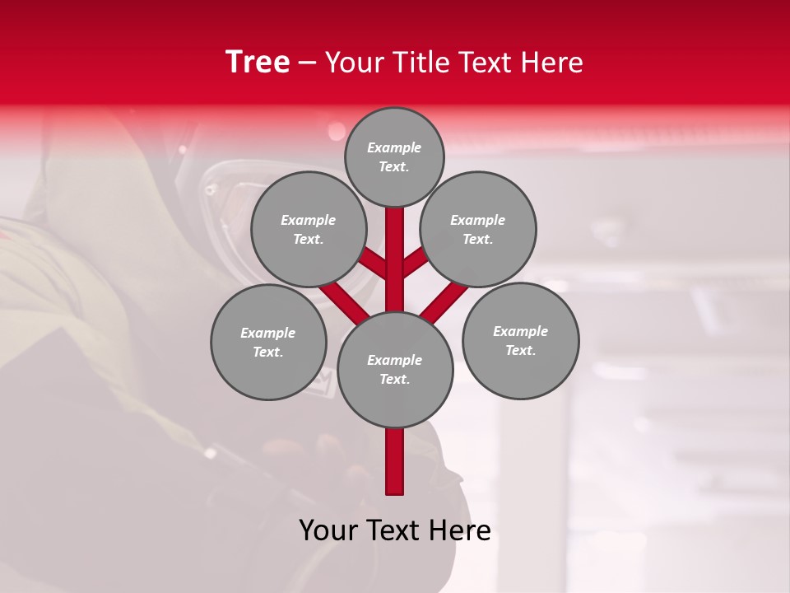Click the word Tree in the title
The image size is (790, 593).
258,63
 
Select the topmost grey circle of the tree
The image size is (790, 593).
394,156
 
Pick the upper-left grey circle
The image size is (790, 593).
308,229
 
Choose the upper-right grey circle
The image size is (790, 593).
477,229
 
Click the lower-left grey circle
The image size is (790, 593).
268,342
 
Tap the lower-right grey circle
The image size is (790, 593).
520,340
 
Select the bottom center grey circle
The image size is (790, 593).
395,369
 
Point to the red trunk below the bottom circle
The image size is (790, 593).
395,461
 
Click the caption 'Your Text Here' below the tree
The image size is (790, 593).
395,530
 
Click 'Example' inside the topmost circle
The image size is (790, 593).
394,147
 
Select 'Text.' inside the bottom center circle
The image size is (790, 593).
394,379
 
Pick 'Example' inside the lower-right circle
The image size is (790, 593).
520,331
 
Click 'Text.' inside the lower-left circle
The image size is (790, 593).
268,352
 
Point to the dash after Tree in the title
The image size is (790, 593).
307,63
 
